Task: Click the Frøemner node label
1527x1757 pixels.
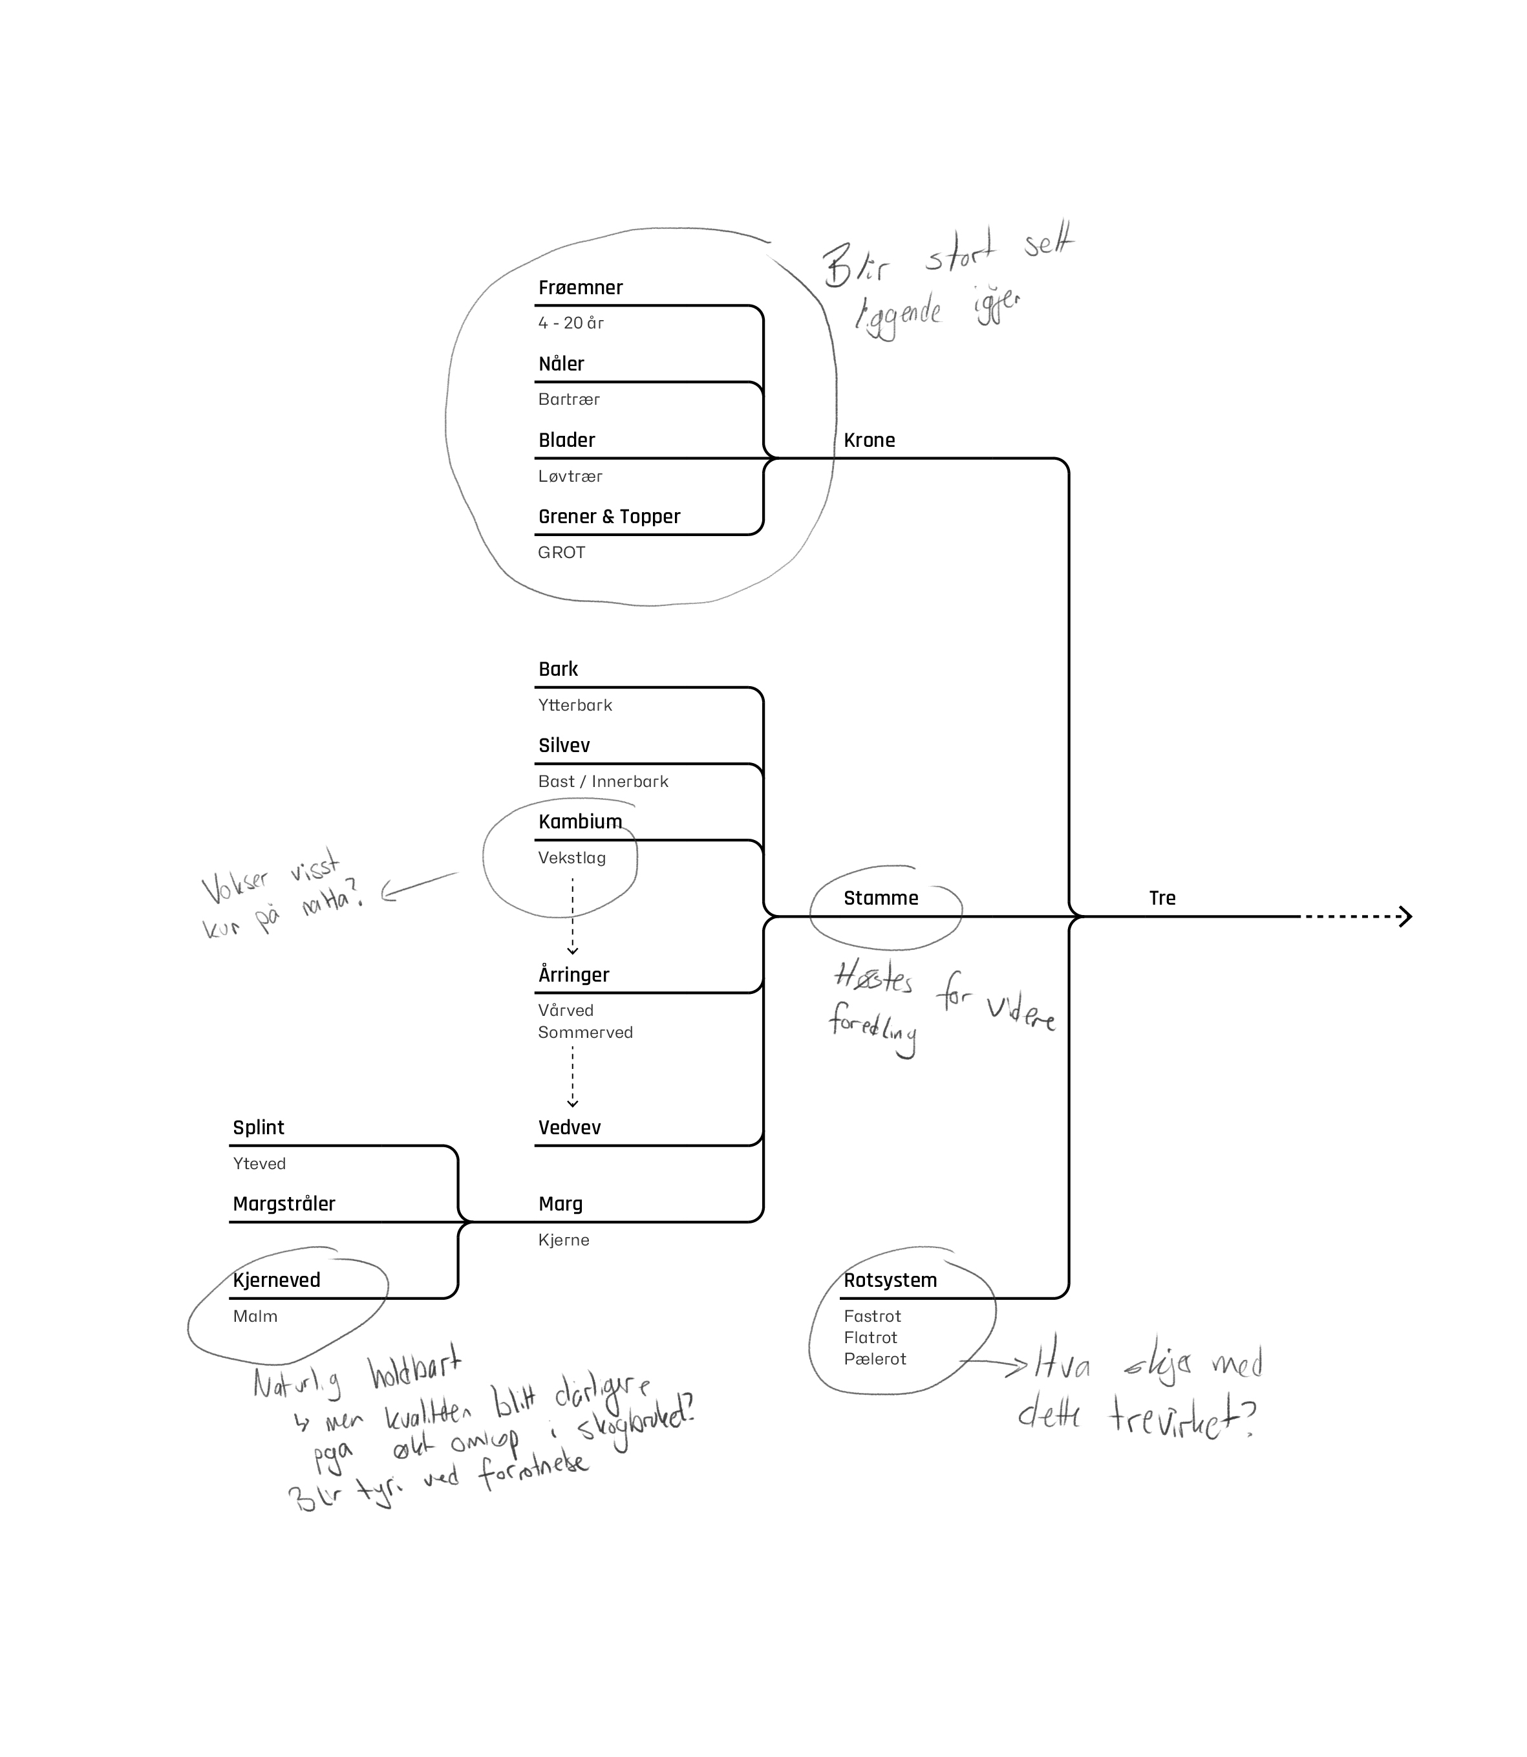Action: click(x=581, y=288)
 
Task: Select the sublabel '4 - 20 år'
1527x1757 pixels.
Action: click(x=571, y=323)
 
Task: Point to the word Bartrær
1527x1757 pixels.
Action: click(x=569, y=400)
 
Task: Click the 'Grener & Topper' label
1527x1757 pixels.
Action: click(x=609, y=517)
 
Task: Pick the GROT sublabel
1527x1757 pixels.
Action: click(x=562, y=552)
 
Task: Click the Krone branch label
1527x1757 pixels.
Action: click(x=869, y=441)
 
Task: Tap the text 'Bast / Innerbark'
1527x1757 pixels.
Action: click(x=603, y=782)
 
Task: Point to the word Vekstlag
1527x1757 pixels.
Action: click(x=571, y=859)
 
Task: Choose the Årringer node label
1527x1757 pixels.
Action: click(x=573, y=975)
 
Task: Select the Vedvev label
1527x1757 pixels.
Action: click(x=569, y=1128)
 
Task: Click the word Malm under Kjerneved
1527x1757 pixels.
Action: click(x=255, y=1316)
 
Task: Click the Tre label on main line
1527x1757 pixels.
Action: click(x=1162, y=898)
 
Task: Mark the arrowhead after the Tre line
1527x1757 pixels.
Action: click(x=1406, y=916)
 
